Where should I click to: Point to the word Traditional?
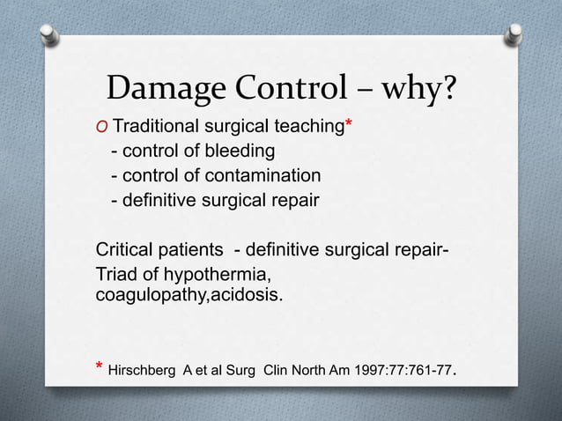click(x=161, y=129)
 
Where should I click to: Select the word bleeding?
click(x=240, y=152)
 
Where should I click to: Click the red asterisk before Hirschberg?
click(x=98, y=365)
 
